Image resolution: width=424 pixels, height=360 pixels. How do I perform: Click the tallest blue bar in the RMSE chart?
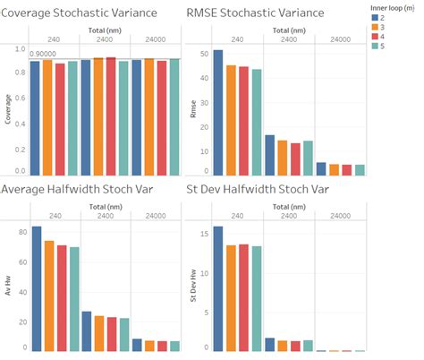tap(217, 112)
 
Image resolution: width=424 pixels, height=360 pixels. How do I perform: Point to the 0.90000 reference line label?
tap(47, 53)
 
